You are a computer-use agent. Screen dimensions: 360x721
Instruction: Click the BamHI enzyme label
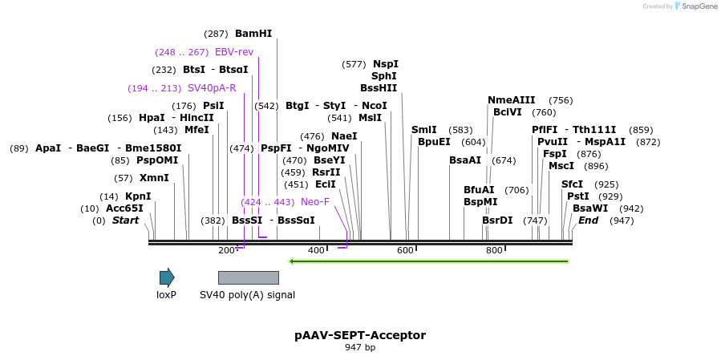click(253, 34)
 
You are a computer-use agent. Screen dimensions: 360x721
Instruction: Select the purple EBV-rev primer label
click(234, 52)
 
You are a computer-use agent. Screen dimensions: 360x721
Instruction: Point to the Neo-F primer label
click(315, 202)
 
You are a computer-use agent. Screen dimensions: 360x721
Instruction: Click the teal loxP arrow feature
click(167, 278)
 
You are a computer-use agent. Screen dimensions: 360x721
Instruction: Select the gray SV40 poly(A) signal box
click(249, 278)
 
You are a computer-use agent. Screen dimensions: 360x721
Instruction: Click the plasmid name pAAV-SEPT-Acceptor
click(360, 335)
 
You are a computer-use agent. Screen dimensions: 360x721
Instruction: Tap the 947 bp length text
click(360, 348)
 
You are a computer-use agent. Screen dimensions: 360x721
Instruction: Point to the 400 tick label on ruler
click(316, 250)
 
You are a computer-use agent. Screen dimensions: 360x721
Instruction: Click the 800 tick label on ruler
click(494, 250)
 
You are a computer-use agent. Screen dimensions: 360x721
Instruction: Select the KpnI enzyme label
click(138, 196)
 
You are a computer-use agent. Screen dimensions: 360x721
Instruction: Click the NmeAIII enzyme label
click(512, 100)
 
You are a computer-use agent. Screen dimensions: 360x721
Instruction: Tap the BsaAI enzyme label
click(465, 160)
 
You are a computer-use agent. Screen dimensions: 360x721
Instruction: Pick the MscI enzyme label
click(561, 166)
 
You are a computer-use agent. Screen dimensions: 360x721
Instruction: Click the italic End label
click(589, 220)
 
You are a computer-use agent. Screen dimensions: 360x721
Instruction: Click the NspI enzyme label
click(386, 64)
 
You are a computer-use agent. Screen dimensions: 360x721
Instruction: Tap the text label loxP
click(166, 295)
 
